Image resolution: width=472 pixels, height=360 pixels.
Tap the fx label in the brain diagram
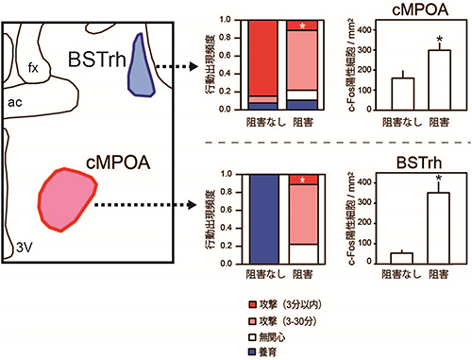click(x=33, y=67)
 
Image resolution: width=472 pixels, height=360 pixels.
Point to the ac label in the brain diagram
click(x=15, y=97)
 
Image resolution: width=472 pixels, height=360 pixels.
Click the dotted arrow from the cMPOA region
click(x=155, y=203)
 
